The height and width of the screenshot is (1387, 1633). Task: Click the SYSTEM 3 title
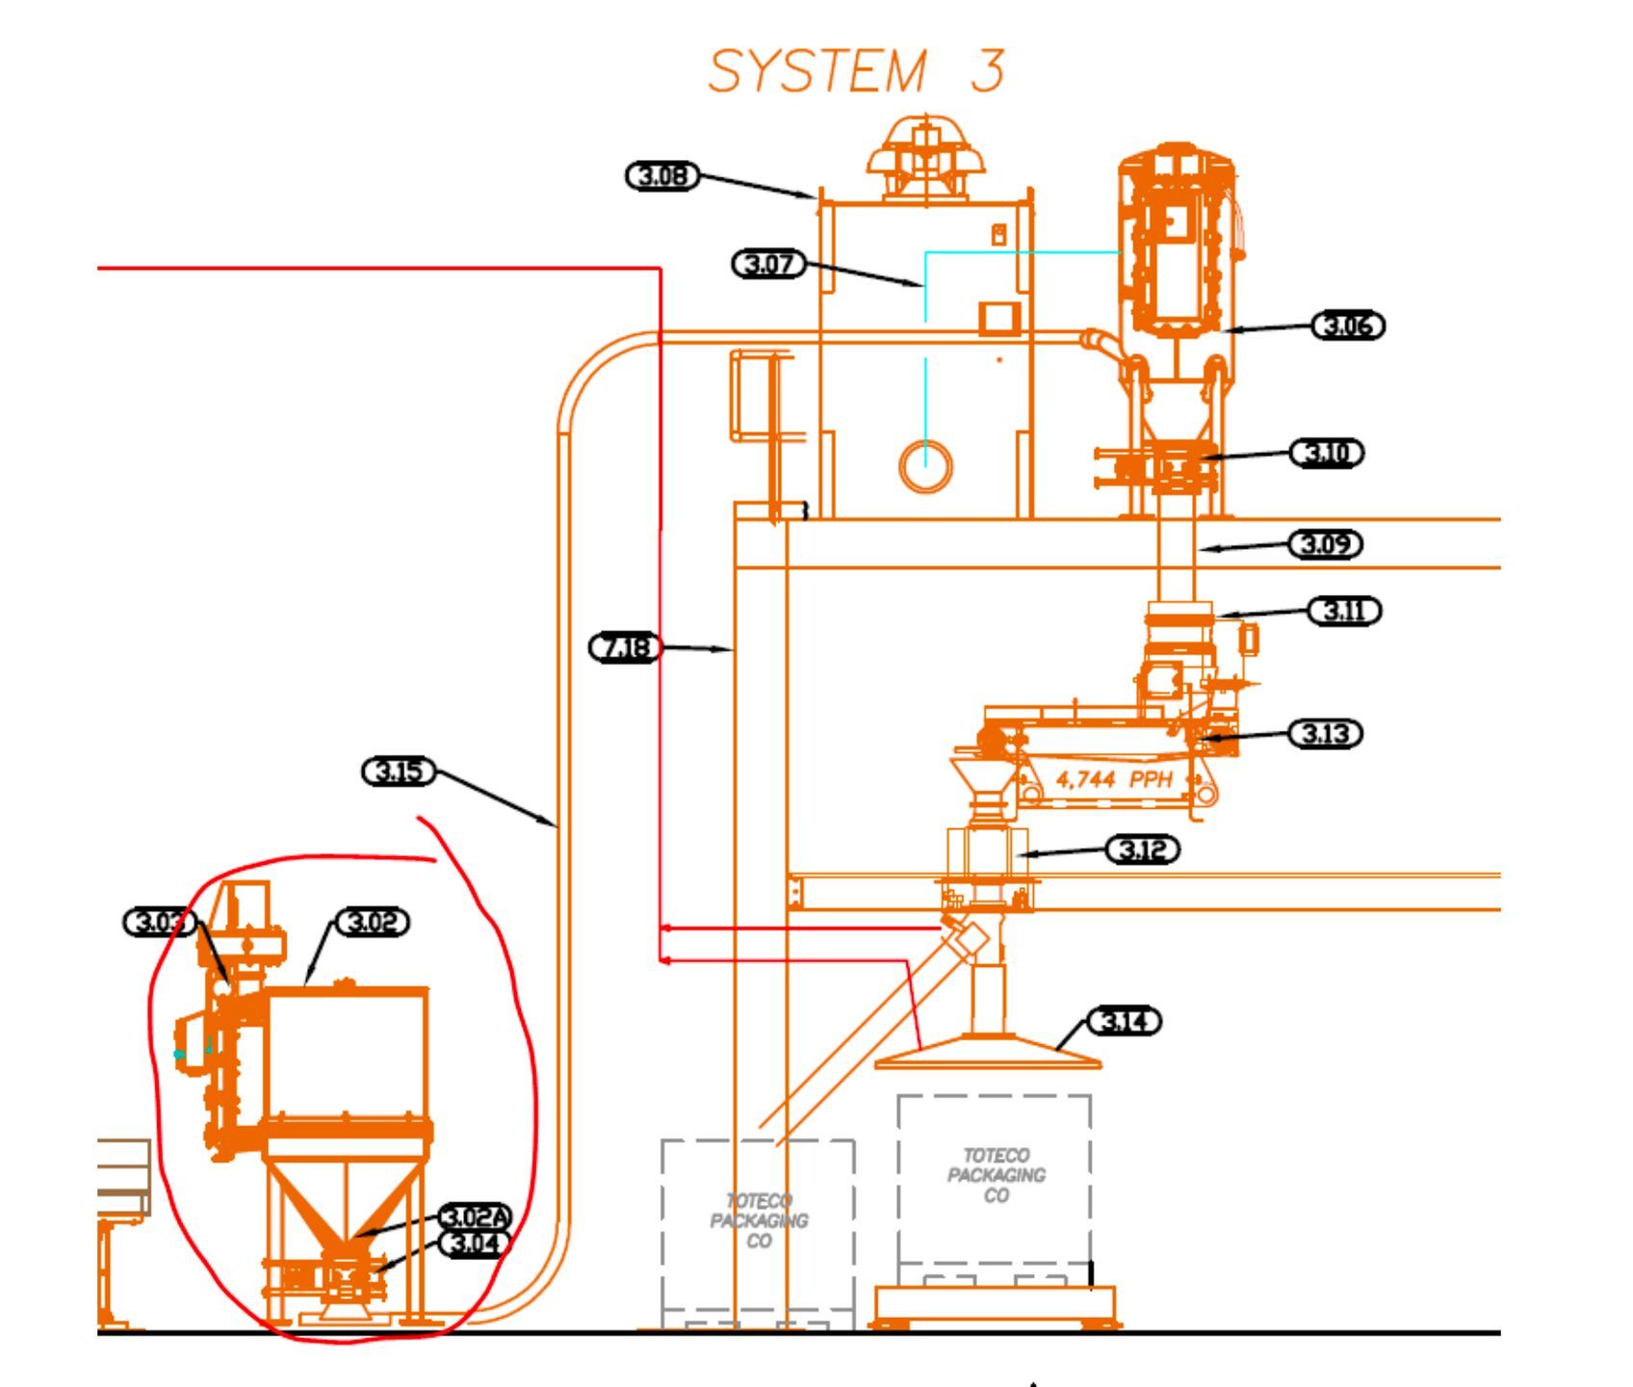pyautogui.click(x=856, y=70)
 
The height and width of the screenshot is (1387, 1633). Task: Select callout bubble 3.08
pyautogui.click(x=662, y=176)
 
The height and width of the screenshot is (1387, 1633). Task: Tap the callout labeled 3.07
pyautogui.click(x=769, y=263)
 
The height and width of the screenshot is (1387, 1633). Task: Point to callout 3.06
pyautogui.click(x=1348, y=326)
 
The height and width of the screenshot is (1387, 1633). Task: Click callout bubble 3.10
pyautogui.click(x=1327, y=453)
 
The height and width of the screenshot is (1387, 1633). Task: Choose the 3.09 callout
pyautogui.click(x=1327, y=544)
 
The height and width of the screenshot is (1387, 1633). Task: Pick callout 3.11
pyautogui.click(x=1344, y=611)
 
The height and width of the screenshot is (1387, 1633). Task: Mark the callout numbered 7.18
pyautogui.click(x=626, y=647)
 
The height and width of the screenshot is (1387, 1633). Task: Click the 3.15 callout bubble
pyautogui.click(x=399, y=772)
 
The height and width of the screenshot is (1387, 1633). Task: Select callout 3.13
pyautogui.click(x=1327, y=734)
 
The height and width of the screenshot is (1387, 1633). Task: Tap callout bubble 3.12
pyautogui.click(x=1143, y=851)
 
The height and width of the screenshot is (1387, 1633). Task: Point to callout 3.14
pyautogui.click(x=1125, y=1021)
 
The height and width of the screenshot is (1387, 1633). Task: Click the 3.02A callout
pyautogui.click(x=475, y=1217)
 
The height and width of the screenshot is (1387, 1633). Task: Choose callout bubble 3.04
pyautogui.click(x=475, y=1243)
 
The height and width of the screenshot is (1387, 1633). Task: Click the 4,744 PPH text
pyautogui.click(x=1114, y=779)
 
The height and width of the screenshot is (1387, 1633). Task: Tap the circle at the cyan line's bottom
pyautogui.click(x=925, y=466)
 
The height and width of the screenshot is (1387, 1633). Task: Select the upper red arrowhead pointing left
pyautogui.click(x=665, y=929)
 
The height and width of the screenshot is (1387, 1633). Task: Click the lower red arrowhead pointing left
pyautogui.click(x=665, y=960)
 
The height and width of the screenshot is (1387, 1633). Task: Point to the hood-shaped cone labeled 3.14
pyautogui.click(x=988, y=1052)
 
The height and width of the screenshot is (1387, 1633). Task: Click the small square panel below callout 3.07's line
pyautogui.click(x=999, y=319)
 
